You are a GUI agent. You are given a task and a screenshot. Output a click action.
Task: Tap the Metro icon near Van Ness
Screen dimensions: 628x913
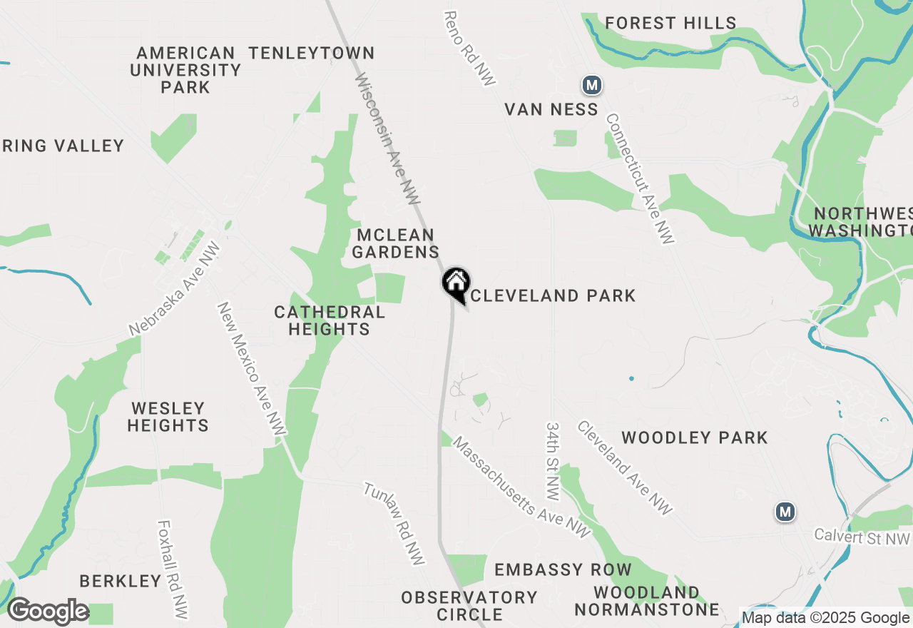[591, 86]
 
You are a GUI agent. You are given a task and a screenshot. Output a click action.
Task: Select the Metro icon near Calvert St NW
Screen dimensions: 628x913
[785, 512]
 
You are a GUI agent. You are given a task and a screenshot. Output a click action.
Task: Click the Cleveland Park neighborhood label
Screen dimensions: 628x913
[553, 295]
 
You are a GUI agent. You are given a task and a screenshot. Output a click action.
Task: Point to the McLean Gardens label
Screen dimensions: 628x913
[396, 243]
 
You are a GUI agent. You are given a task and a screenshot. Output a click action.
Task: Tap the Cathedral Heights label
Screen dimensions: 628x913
[330, 320]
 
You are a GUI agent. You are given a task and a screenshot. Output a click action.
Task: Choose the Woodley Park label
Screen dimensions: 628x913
[694, 437]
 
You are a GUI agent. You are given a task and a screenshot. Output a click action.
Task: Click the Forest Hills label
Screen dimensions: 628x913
[670, 24]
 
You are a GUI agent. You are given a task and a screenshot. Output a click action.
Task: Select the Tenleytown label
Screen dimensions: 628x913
[312, 53]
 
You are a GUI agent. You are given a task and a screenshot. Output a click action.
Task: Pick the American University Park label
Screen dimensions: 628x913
[185, 70]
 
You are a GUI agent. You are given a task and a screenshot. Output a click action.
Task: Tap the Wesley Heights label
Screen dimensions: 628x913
[168, 417]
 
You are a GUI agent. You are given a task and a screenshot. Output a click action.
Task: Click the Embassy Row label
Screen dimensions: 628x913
[563, 569]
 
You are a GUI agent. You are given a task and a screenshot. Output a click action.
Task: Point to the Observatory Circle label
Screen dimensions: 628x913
[469, 605]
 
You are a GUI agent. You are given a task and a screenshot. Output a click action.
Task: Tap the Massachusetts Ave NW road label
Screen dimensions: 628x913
[521, 487]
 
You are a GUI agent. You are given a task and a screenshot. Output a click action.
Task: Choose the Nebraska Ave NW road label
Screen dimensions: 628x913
[175, 289]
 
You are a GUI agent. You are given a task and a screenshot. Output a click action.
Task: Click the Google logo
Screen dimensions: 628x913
[48, 611]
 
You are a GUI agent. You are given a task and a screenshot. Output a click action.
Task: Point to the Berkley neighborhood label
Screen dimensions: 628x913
[121, 581]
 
